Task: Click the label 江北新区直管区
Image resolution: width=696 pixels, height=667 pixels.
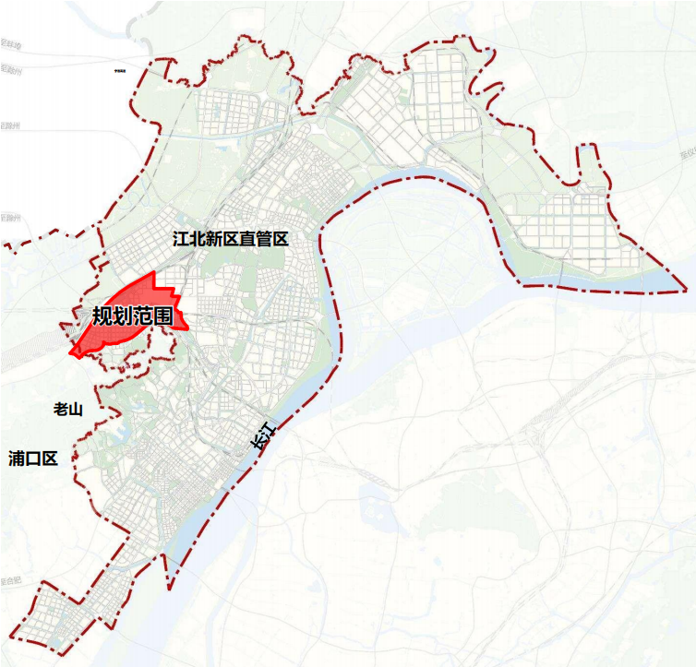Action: (231, 239)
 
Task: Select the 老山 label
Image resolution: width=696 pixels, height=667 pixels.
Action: (68, 410)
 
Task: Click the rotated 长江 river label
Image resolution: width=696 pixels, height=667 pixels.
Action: (263, 435)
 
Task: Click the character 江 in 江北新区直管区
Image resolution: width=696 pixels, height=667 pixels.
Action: (181, 239)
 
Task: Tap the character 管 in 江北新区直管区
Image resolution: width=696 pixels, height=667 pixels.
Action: (264, 239)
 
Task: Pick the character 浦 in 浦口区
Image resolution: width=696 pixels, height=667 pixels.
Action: (16, 458)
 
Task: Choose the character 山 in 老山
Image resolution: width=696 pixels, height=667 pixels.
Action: (77, 410)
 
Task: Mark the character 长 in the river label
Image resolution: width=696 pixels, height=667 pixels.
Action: (258, 442)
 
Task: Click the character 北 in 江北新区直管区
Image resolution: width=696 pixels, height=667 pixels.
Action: (198, 239)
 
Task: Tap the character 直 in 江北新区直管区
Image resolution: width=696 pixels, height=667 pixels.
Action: (247, 239)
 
